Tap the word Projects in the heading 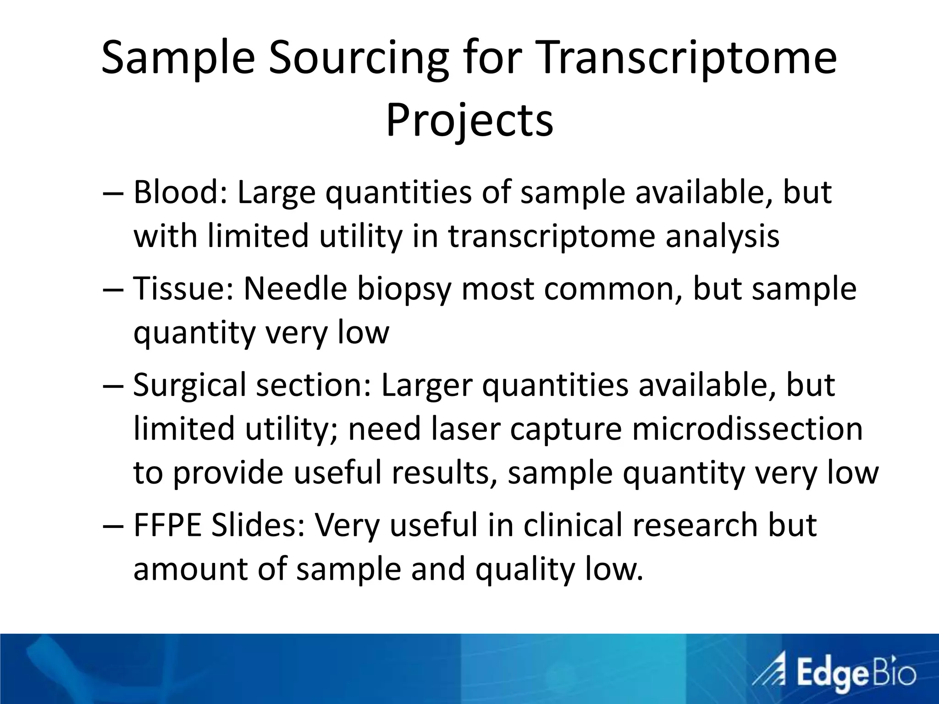(x=469, y=121)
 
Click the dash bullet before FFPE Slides (x=112, y=526)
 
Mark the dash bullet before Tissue (x=112, y=289)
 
